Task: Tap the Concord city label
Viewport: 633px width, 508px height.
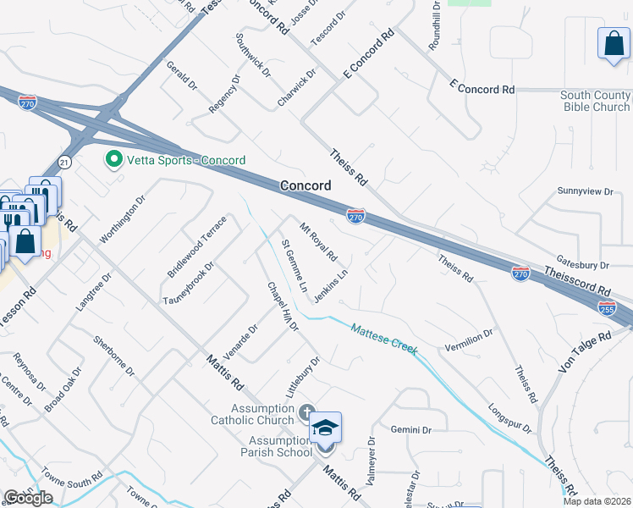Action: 305,185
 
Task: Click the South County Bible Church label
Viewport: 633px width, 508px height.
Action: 595,102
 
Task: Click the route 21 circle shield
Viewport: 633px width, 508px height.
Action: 65,162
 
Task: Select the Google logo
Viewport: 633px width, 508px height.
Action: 28,498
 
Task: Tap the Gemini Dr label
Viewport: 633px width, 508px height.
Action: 412,430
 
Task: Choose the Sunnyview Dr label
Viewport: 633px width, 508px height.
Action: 585,192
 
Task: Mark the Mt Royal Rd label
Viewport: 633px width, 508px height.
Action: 319,241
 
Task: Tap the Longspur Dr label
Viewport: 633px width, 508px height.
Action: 510,417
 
